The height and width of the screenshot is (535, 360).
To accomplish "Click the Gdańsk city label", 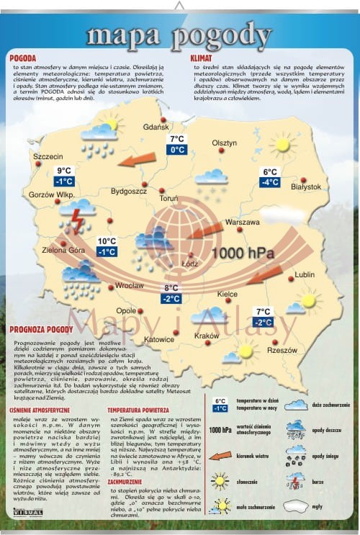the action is (156, 127).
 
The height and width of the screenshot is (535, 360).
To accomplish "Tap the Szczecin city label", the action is (48, 156).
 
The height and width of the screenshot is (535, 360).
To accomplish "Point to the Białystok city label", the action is (306, 186).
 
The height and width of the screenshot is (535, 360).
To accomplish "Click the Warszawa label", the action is (242, 223).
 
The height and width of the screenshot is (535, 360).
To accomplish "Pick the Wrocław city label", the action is (130, 286).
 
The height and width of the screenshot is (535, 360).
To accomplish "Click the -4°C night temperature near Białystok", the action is (270, 183).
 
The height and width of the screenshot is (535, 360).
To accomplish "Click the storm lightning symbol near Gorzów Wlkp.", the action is (73, 219).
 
